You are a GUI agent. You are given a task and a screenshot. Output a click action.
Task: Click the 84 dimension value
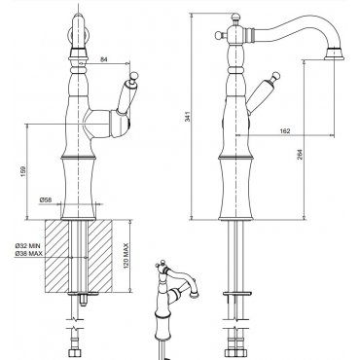(x=104, y=59)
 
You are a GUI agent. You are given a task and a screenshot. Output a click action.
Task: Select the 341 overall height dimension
(x=187, y=117)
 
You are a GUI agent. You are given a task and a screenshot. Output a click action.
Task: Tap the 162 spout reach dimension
(x=284, y=131)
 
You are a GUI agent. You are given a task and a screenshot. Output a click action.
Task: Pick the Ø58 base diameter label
(x=46, y=200)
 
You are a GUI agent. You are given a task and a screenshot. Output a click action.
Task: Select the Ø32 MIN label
(x=28, y=245)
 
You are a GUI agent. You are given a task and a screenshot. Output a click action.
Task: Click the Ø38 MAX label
(x=28, y=253)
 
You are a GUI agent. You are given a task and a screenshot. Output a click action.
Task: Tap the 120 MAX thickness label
(x=126, y=256)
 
